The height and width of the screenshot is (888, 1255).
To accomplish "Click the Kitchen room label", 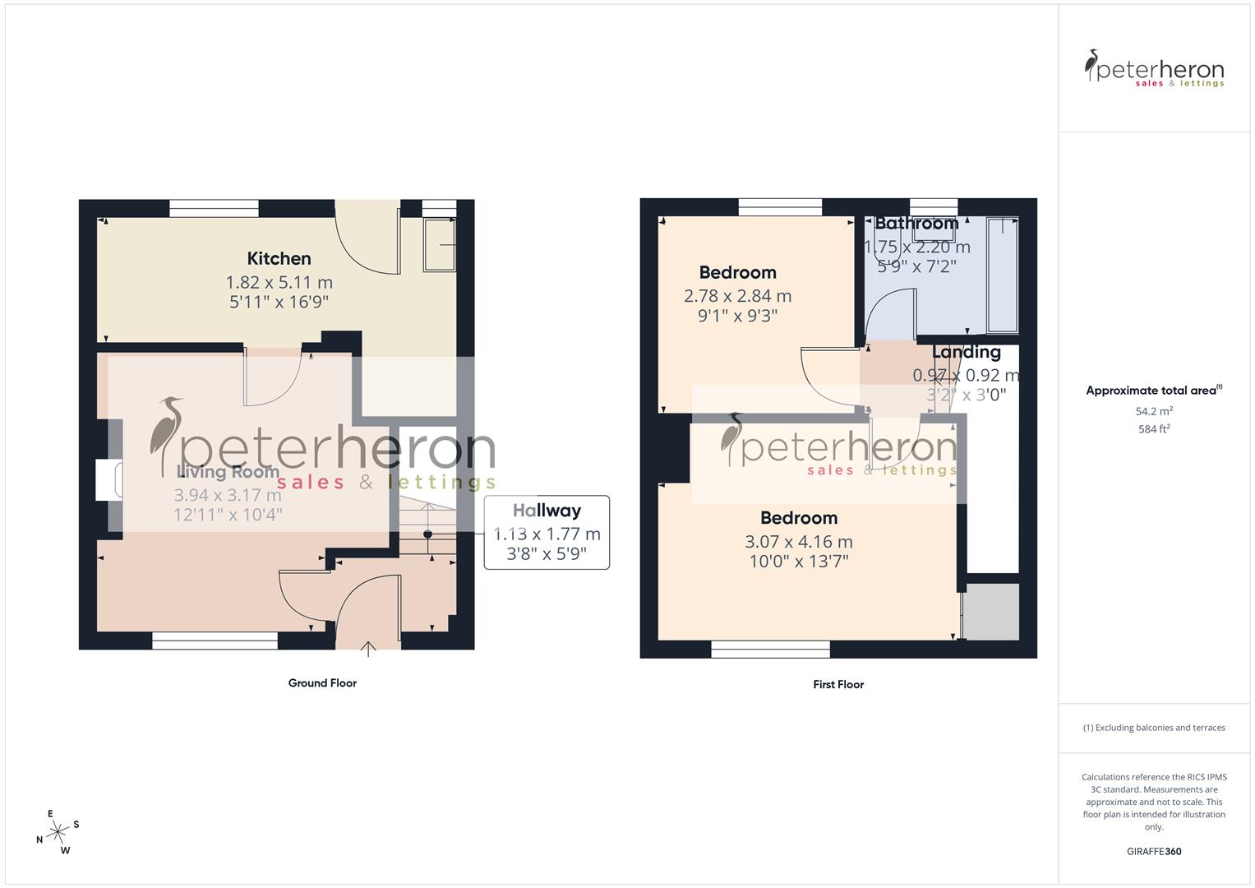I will (279, 259).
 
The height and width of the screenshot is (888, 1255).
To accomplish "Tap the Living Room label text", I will (228, 472).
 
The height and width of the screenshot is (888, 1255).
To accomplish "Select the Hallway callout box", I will (547, 532).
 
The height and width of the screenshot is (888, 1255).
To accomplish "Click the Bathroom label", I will (916, 224).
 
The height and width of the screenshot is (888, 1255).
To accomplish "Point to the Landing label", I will (966, 352).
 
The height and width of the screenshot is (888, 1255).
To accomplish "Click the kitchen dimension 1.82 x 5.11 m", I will (279, 282).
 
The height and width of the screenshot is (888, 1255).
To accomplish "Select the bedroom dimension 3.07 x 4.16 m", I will (798, 542).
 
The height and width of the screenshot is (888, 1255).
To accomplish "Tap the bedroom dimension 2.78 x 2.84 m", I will (737, 296).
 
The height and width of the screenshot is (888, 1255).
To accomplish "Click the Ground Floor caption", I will (322, 683).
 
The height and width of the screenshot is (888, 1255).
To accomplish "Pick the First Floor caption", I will (838, 684).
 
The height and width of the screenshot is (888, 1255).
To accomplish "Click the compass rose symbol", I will (58, 832).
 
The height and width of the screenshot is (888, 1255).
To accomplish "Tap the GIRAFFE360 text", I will (1153, 852).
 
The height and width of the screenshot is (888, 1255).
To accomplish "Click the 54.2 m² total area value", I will (1154, 411).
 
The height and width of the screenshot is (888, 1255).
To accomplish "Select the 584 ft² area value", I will (1154, 429).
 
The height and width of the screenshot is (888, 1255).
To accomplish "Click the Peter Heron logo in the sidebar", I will (1154, 69).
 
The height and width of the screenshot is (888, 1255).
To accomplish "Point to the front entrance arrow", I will (369, 650).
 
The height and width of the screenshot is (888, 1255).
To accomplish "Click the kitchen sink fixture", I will (439, 244).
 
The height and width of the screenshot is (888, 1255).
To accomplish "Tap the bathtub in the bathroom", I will (1002, 275).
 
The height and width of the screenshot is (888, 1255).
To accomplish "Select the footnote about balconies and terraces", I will (1154, 728).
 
